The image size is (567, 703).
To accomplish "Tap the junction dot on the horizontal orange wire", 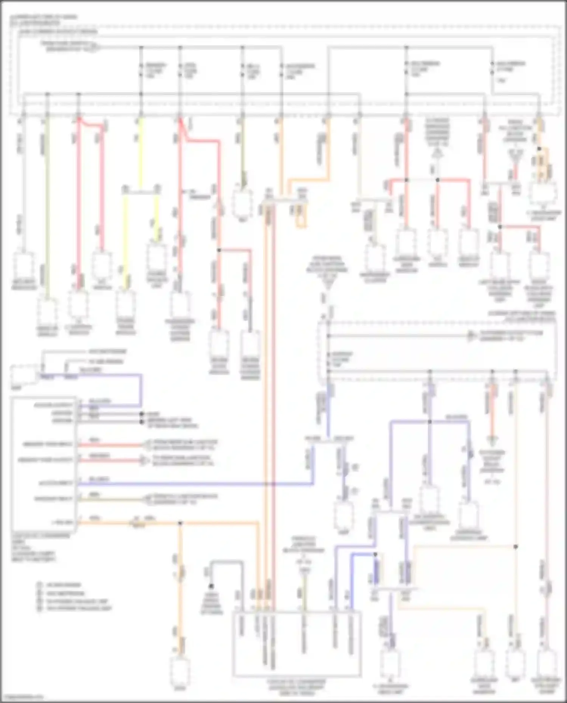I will (180, 523).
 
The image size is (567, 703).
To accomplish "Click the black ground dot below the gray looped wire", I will (211, 586).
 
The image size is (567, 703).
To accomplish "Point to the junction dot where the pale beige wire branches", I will (516, 547).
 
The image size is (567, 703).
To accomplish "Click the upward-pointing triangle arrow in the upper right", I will (437, 153).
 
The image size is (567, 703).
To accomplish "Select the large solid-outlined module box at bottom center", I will (297, 643).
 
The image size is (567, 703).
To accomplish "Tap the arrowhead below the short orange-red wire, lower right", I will (492, 439).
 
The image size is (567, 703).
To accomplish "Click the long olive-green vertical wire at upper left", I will (47, 208).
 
